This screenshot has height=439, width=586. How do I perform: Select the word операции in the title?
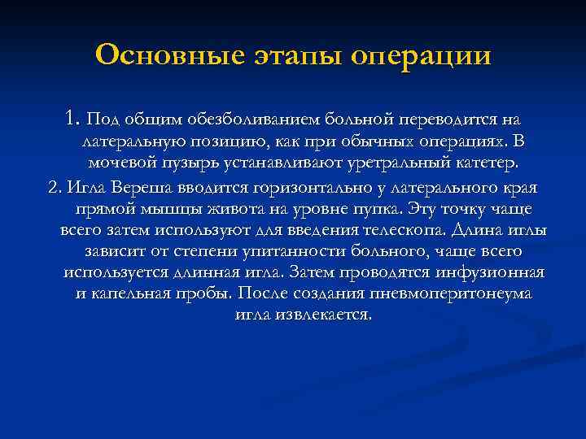click(421, 55)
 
